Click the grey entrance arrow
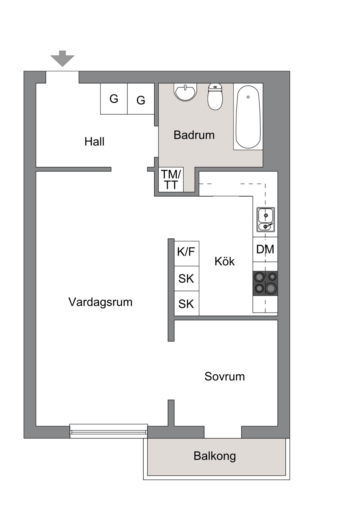point(62,58)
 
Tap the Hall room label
point(94,141)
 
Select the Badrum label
point(194,135)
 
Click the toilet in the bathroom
point(215,97)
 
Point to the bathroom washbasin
point(185,92)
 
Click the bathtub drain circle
point(248,97)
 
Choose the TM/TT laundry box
point(171,179)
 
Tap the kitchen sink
point(265,219)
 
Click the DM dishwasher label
point(265,249)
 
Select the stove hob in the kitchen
point(265,283)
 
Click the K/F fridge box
point(186,254)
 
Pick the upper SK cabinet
point(186,278)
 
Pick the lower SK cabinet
point(186,303)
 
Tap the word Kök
point(225,261)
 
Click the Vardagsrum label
point(101,302)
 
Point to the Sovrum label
point(225,376)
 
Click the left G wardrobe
point(114,99)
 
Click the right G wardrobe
point(141,99)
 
